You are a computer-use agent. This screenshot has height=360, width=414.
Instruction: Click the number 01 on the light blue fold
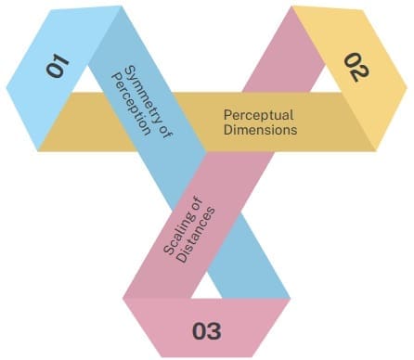coord(58,66)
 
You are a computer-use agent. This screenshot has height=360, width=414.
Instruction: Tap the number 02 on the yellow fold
coord(356,67)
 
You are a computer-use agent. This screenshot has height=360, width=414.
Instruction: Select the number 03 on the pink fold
coord(207,331)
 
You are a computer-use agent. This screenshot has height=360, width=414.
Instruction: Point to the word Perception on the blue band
coord(131,104)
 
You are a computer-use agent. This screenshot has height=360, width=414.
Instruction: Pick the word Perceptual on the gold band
coord(258,115)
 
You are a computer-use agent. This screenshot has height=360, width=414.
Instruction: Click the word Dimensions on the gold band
coord(260,129)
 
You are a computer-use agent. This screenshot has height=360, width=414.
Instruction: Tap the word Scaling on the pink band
coord(177,233)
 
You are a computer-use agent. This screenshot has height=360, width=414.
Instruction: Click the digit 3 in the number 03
coord(214,331)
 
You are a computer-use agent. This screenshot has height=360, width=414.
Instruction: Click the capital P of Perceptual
coord(227,115)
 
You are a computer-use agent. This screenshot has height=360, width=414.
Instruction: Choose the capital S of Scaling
coord(168,249)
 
